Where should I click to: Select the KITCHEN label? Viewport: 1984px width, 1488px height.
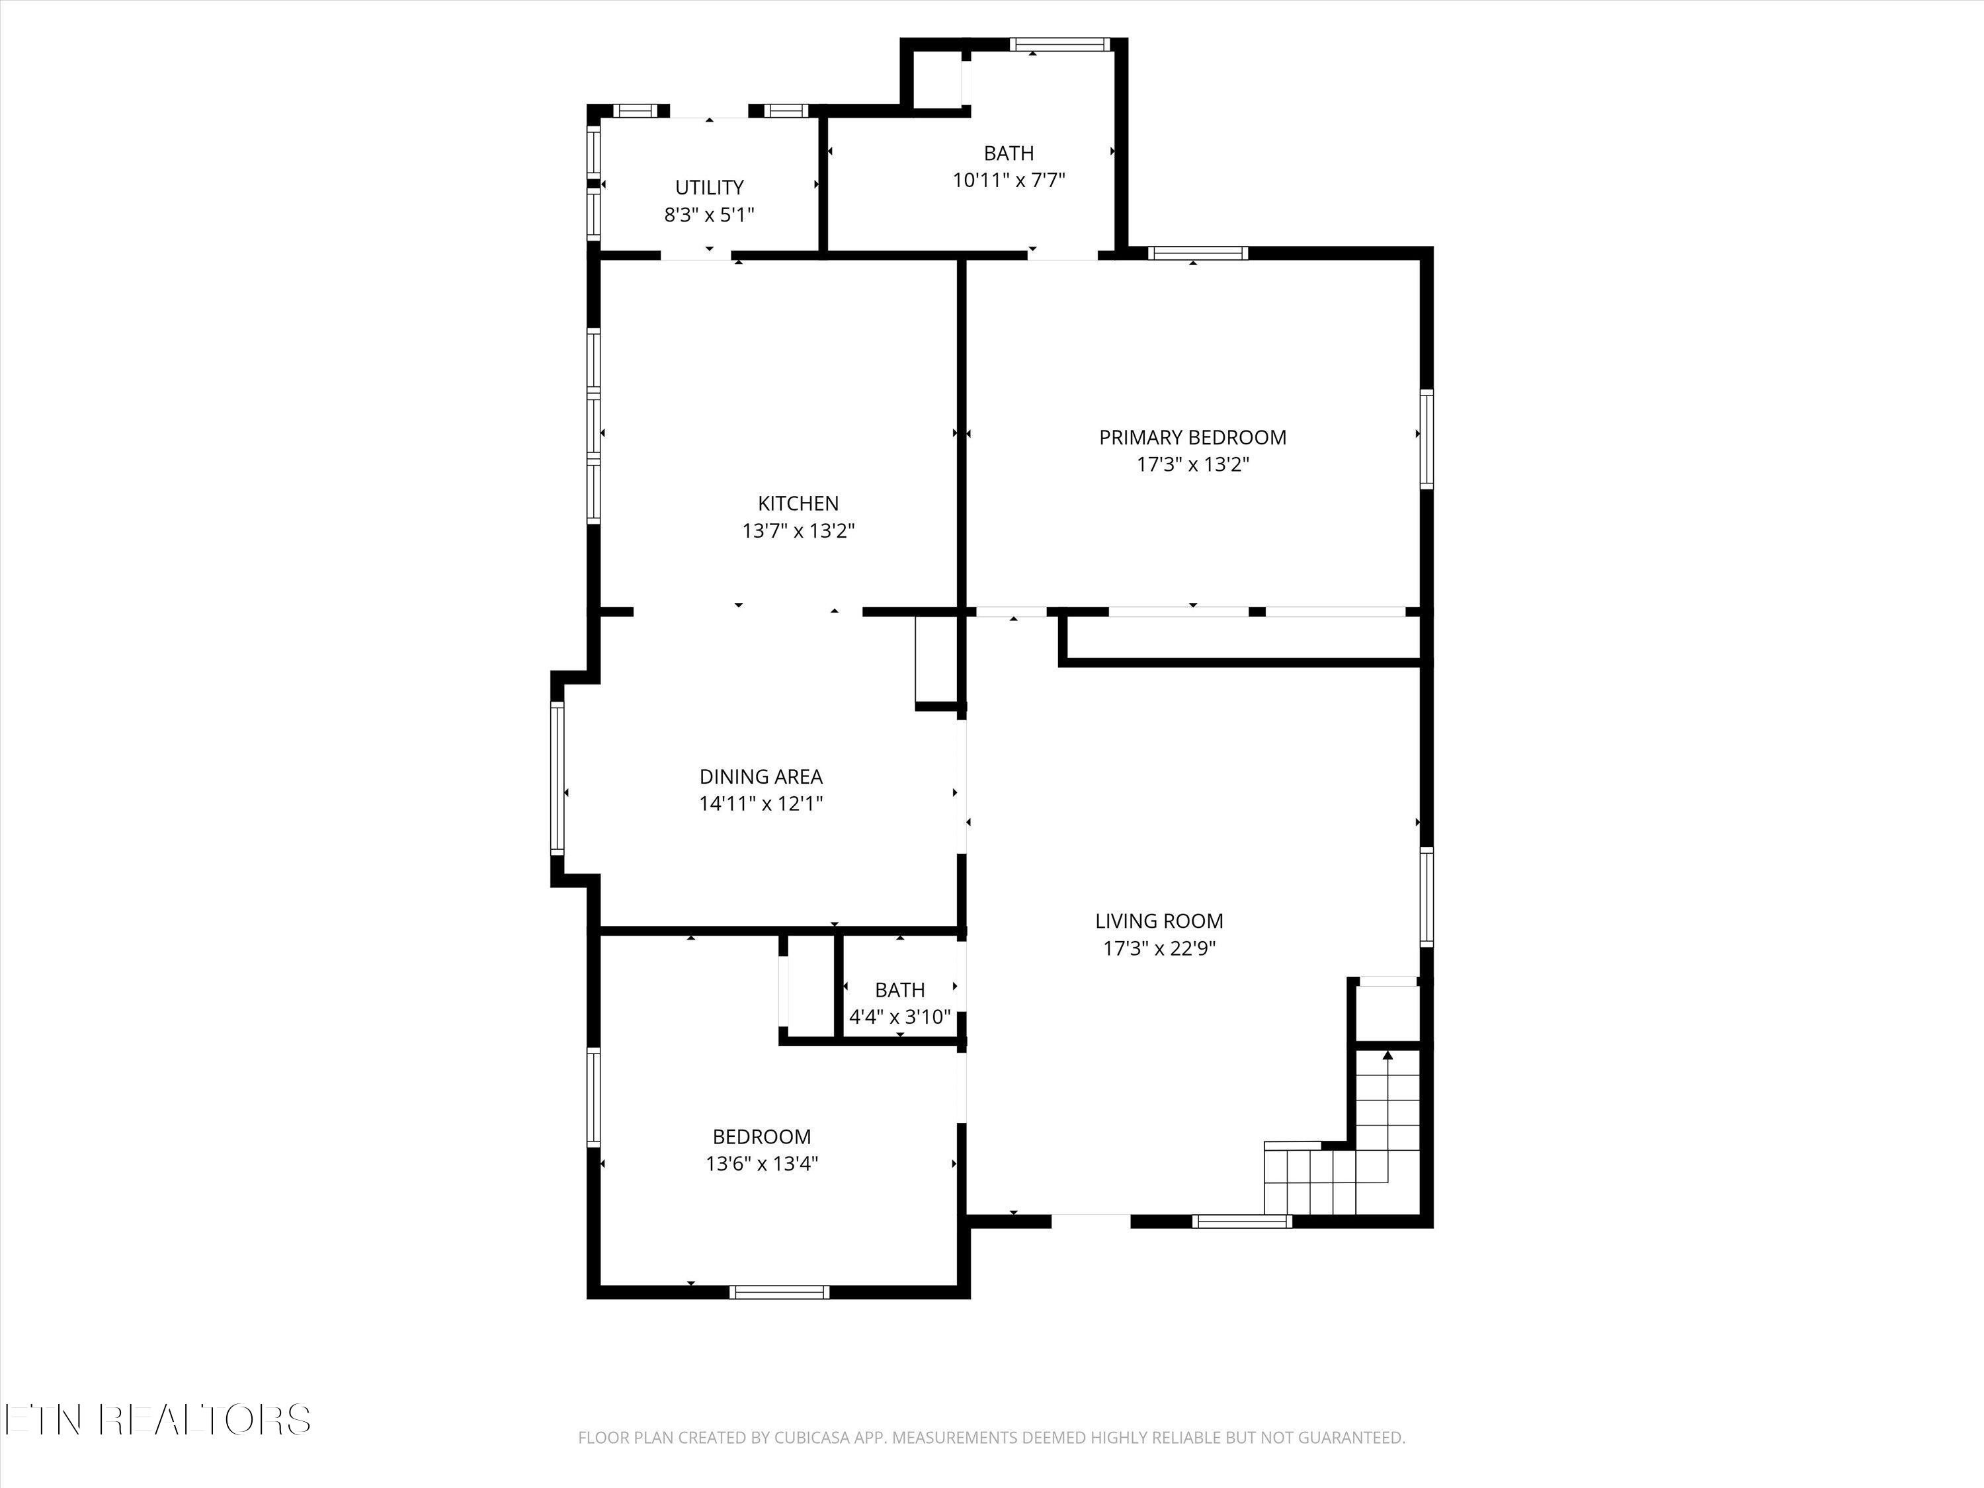tap(798, 503)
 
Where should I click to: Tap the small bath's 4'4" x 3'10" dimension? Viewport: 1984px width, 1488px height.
tap(899, 1017)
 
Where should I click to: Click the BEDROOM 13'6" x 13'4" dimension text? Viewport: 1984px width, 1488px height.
tap(761, 1164)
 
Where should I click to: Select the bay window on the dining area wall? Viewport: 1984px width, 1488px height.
tap(557, 777)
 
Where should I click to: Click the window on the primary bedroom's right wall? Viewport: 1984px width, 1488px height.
tap(1426, 438)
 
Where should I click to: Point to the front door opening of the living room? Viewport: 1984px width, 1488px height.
tap(1090, 1221)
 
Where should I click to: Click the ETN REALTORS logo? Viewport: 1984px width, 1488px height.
tap(157, 1420)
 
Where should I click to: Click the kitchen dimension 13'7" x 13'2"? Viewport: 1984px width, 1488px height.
tap(798, 531)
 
